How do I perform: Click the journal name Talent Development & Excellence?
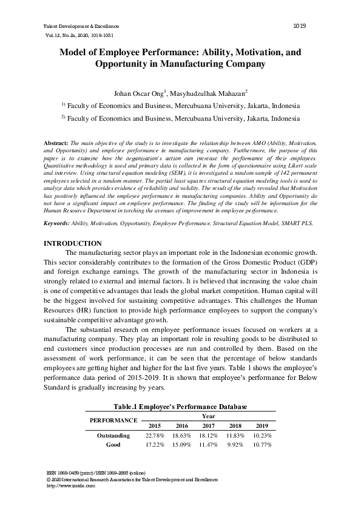click(81, 27)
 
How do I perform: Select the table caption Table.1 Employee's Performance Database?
click(180, 406)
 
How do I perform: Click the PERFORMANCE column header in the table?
click(113, 420)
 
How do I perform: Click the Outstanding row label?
click(113, 436)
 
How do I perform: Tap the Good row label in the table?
click(113, 445)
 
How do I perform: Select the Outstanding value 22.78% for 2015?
click(154, 436)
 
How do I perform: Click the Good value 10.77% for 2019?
click(262, 445)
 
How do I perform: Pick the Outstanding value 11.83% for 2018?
click(235, 436)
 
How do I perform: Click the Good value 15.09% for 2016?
click(181, 445)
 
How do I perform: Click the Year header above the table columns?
click(208, 416)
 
